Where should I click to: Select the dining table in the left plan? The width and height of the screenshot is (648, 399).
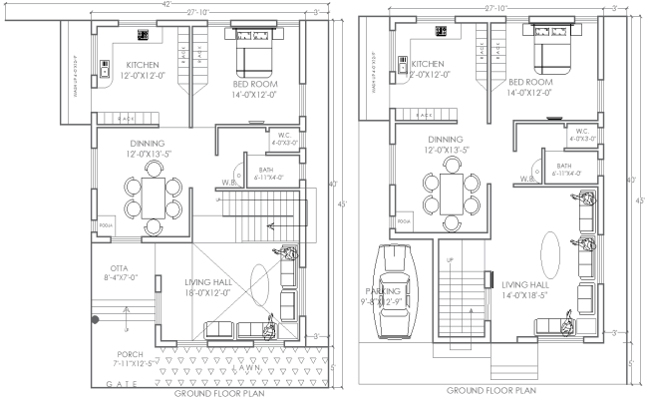click(x=153, y=196)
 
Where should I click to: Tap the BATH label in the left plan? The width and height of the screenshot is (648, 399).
click(x=264, y=172)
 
